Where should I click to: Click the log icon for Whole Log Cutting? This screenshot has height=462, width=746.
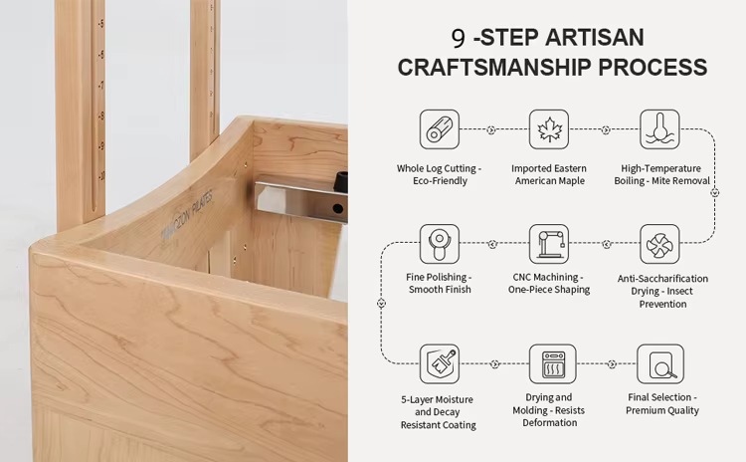pos(440,129)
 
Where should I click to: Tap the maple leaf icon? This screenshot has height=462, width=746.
pos(549,129)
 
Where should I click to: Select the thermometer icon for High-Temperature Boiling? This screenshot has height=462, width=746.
pos(659,129)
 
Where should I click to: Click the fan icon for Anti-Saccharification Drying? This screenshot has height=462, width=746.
pos(659,244)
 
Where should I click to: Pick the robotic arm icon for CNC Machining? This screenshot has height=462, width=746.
pos(549,244)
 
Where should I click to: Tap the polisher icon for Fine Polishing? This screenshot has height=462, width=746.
pos(440,244)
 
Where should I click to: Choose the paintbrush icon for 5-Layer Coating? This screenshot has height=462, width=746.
pos(440,363)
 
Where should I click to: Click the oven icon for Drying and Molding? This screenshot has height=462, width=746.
pos(552,363)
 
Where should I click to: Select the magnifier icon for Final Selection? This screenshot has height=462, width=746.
pos(660,363)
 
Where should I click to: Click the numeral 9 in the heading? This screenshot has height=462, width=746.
pos(458,39)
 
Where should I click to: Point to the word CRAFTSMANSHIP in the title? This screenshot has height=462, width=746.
pos(494,67)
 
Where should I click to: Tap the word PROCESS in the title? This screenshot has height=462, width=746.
pos(653,67)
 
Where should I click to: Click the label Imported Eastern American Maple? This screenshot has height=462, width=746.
pos(549,174)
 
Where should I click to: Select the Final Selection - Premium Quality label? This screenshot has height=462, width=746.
pos(661,403)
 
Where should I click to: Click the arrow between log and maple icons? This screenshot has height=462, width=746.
pos(491,129)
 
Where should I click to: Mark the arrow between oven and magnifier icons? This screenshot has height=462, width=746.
pos(613,364)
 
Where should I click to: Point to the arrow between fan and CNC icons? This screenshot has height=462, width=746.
pos(606,244)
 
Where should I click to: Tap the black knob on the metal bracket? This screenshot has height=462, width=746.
pos(340,182)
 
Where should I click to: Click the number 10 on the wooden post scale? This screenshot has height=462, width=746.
pos(101,176)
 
